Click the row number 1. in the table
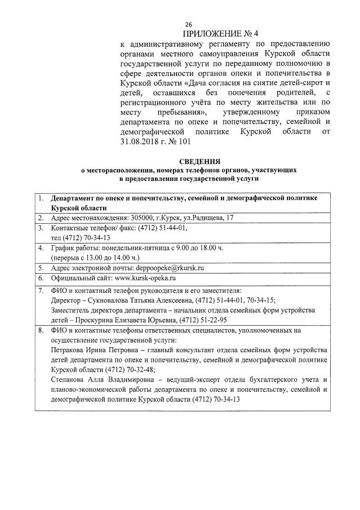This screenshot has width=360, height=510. tap(41, 198)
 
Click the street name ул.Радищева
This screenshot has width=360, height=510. tap(197, 218)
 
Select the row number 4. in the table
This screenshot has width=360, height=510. tap(41, 248)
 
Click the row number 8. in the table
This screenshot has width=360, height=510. tap(41, 330)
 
